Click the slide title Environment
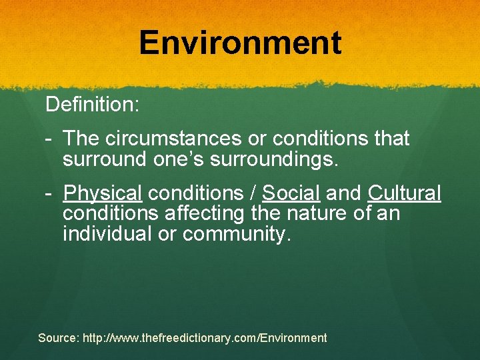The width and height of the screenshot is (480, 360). tap(240, 43)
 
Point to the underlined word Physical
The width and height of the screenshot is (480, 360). tap(103, 193)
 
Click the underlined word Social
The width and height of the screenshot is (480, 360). tap(291, 193)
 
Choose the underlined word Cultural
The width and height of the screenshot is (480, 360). tap(404, 193)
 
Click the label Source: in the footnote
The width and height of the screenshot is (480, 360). tap(58, 338)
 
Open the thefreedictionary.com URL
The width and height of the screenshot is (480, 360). tap(205, 338)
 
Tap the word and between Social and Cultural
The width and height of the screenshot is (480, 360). tap(345, 193)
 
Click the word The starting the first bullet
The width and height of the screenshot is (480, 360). tap(81, 139)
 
